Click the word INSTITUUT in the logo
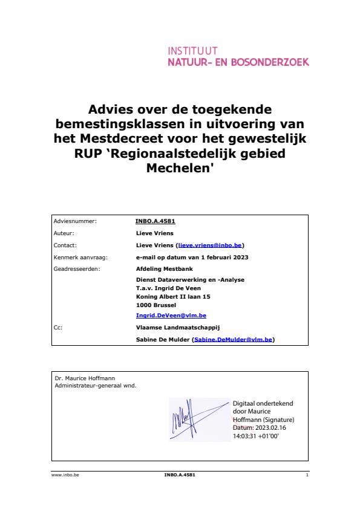[192, 51]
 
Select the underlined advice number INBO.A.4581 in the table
[155, 221]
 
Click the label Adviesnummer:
[76, 221]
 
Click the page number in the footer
[307, 475]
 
